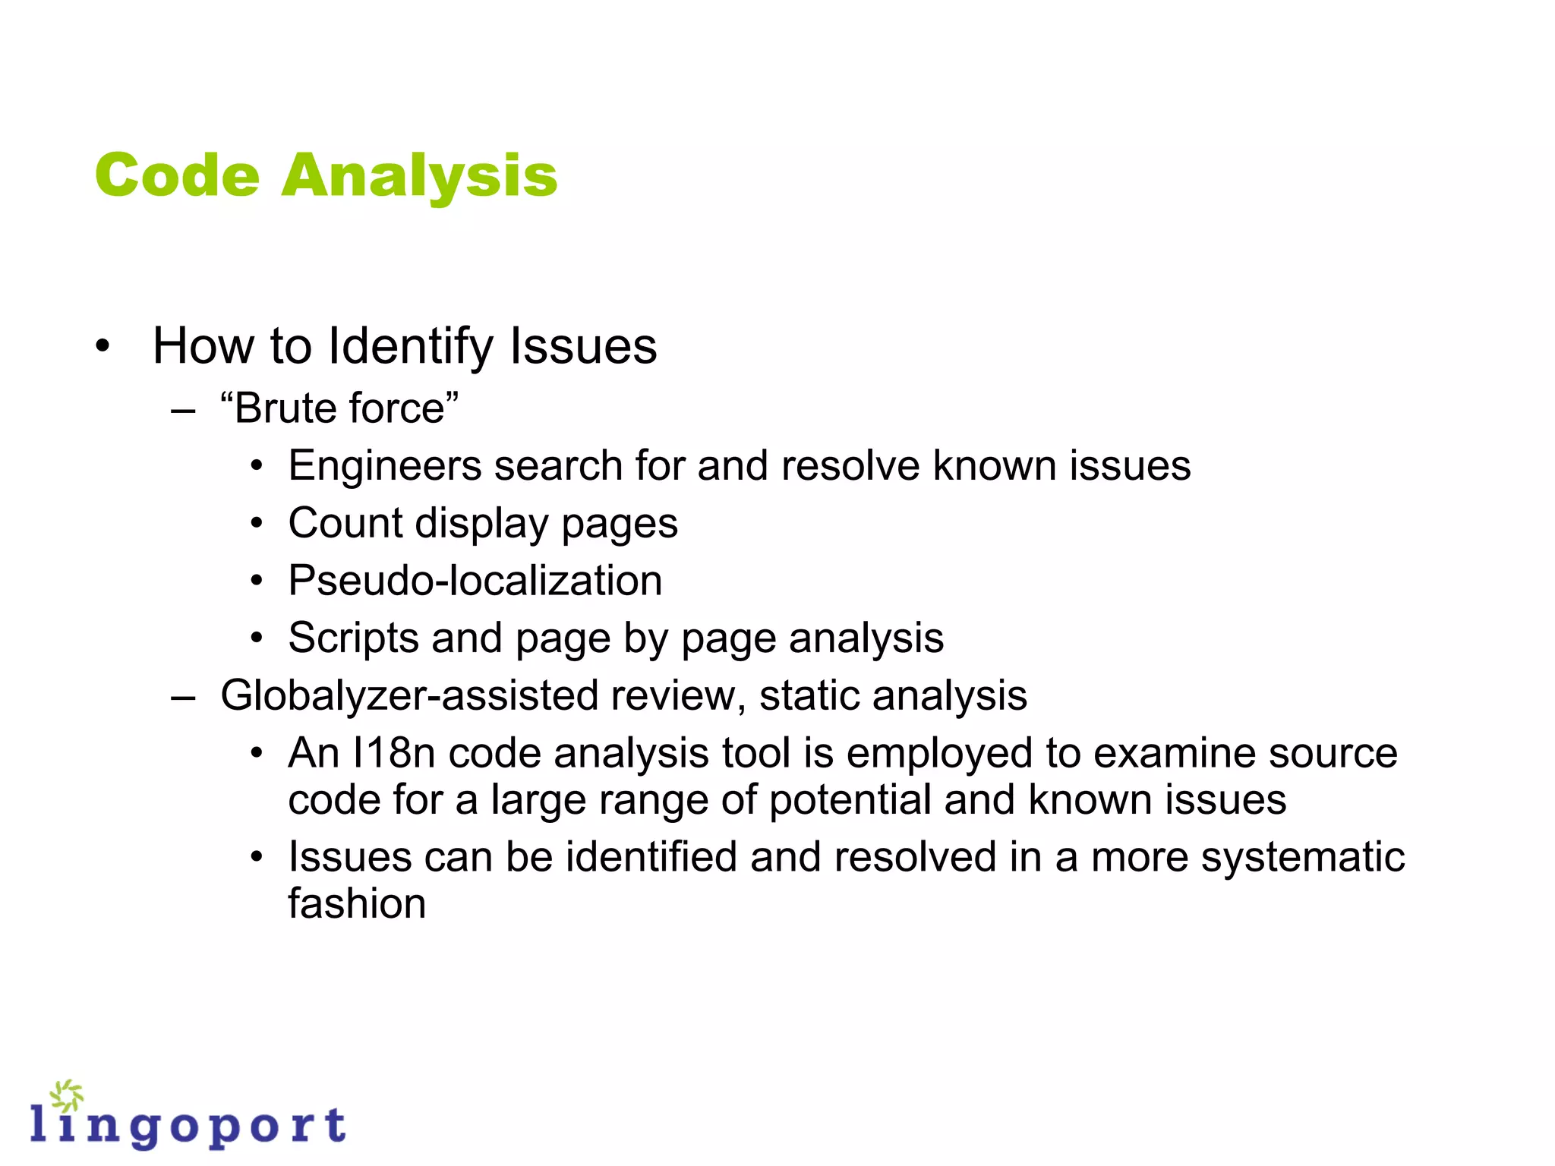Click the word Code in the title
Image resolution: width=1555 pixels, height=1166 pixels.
tap(177, 175)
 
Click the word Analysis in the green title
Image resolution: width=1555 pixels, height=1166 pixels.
tap(419, 177)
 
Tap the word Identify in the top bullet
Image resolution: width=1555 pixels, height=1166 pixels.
tap(411, 346)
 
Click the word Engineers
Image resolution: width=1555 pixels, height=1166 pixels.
tap(385, 465)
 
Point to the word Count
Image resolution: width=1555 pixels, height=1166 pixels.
tap(345, 523)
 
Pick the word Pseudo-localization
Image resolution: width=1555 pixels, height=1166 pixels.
tap(475, 581)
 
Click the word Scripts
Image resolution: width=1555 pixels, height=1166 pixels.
tap(353, 638)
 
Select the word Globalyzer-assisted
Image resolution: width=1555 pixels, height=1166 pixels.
tap(409, 696)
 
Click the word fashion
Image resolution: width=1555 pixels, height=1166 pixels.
tap(357, 904)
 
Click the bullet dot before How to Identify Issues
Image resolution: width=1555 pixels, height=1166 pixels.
tap(103, 347)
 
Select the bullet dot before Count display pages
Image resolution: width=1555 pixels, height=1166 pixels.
tap(257, 523)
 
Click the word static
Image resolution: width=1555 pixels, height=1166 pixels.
tap(809, 696)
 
